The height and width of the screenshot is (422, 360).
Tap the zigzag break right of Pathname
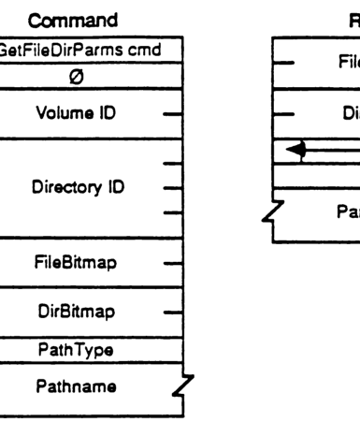pyautogui.click(x=187, y=382)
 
